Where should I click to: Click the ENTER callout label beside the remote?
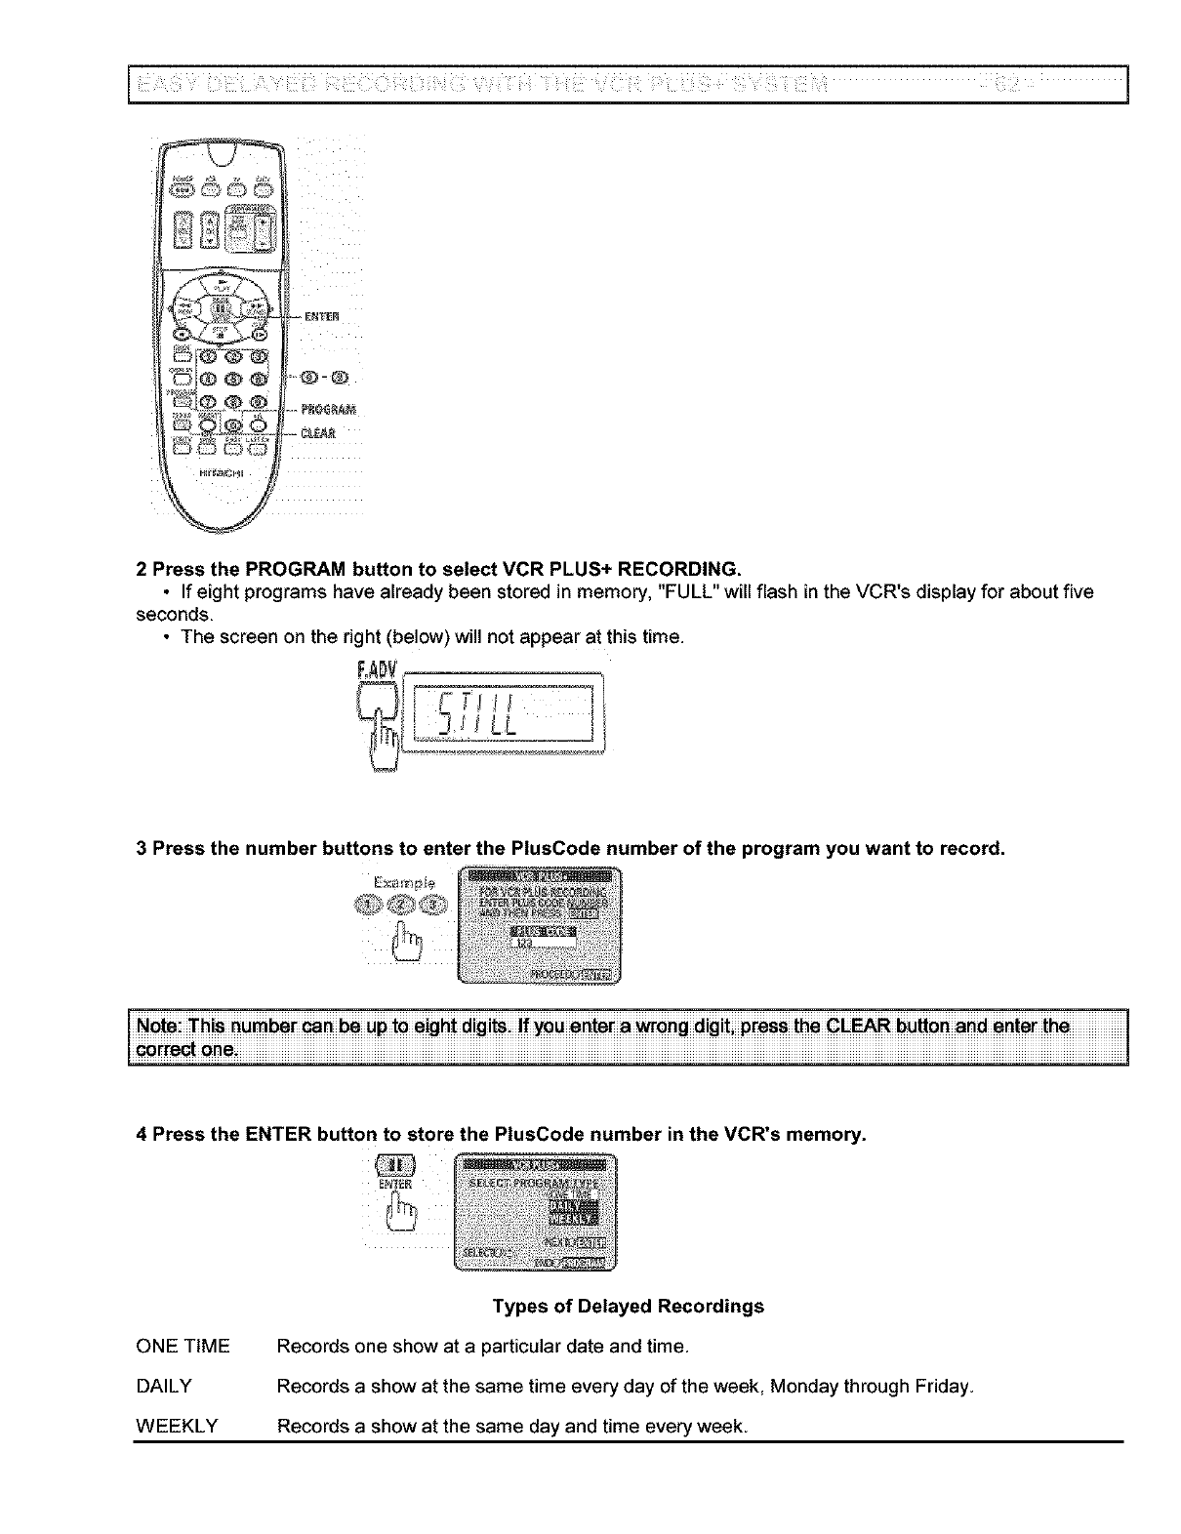(321, 315)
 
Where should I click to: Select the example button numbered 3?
(432, 908)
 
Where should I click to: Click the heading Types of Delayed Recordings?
(628, 1306)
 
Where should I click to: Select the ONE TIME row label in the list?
(183, 1347)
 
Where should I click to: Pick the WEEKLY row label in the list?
(177, 1427)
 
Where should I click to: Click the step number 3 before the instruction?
(141, 848)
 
